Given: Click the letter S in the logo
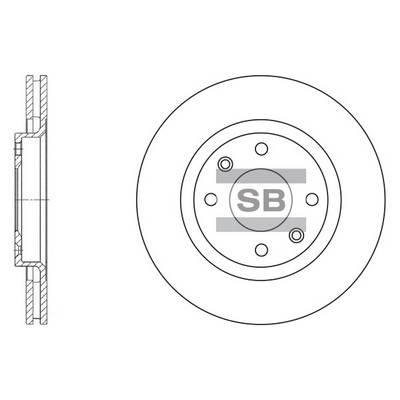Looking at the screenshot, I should (x=247, y=199).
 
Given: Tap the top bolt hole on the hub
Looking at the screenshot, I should (x=259, y=149).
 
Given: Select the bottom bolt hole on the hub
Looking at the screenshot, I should (x=259, y=250).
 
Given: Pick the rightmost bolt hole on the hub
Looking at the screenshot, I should (x=309, y=199).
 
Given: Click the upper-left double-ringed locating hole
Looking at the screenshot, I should (x=224, y=164).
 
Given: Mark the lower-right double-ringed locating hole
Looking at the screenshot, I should (x=295, y=235).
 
